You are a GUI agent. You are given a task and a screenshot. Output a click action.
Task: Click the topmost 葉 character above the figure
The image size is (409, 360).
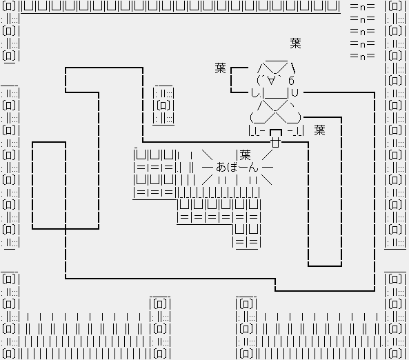click(x=295, y=43)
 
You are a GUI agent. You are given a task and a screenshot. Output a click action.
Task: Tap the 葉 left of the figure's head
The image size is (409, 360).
click(x=221, y=68)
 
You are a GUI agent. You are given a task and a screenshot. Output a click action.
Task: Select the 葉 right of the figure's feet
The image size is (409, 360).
click(x=320, y=130)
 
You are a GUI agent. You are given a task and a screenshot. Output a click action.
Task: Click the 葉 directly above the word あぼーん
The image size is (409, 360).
click(x=245, y=155)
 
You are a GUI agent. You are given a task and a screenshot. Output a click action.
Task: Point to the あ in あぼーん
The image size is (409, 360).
click(x=221, y=167)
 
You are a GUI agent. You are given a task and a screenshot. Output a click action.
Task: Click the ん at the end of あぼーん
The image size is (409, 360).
click(x=252, y=167)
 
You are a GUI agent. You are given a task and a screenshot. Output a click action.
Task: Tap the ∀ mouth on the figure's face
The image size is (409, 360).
click(x=271, y=80)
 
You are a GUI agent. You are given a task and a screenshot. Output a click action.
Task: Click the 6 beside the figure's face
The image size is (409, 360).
click(x=291, y=81)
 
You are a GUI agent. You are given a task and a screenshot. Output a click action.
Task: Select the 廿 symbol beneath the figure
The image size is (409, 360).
click(x=276, y=143)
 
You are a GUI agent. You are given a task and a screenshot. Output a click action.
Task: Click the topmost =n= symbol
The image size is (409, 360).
click(x=363, y=6)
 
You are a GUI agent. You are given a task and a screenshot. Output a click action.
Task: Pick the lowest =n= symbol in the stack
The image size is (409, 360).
click(x=363, y=56)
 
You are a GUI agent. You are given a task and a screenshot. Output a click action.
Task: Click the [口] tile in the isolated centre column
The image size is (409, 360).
click(x=163, y=106)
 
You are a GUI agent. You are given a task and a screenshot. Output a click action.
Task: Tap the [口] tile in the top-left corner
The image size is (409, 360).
click(x=9, y=6)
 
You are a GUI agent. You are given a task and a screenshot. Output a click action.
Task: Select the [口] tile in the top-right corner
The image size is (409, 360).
click(x=395, y=6)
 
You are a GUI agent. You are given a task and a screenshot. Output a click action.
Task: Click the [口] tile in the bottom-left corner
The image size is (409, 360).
click(x=9, y=354)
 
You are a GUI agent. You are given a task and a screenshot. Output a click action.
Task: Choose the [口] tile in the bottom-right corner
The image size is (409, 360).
click(x=395, y=354)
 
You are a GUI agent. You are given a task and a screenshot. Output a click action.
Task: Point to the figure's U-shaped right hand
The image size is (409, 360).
click(x=295, y=92)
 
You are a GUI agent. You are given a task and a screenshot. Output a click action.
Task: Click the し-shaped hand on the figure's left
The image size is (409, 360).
click(x=255, y=93)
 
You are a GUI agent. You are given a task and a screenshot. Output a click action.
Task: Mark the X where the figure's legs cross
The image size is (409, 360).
click(x=275, y=112)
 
